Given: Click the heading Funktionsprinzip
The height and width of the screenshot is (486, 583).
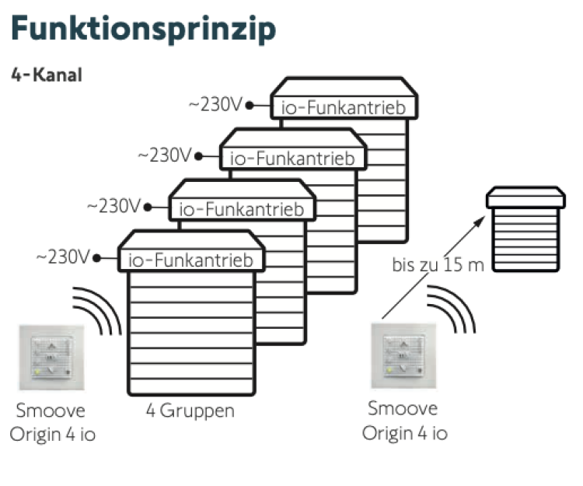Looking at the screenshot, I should click(x=144, y=28).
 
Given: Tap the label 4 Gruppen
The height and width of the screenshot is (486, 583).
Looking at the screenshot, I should click(x=190, y=410).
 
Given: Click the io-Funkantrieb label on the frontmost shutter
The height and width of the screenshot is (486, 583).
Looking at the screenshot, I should click(x=190, y=260).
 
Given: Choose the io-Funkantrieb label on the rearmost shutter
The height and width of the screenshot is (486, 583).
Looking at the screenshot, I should click(x=343, y=107).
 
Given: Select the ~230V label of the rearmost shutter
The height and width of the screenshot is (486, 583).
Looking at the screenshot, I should click(x=216, y=104).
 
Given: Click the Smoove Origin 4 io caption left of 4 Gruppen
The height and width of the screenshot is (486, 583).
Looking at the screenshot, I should click(x=52, y=421).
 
